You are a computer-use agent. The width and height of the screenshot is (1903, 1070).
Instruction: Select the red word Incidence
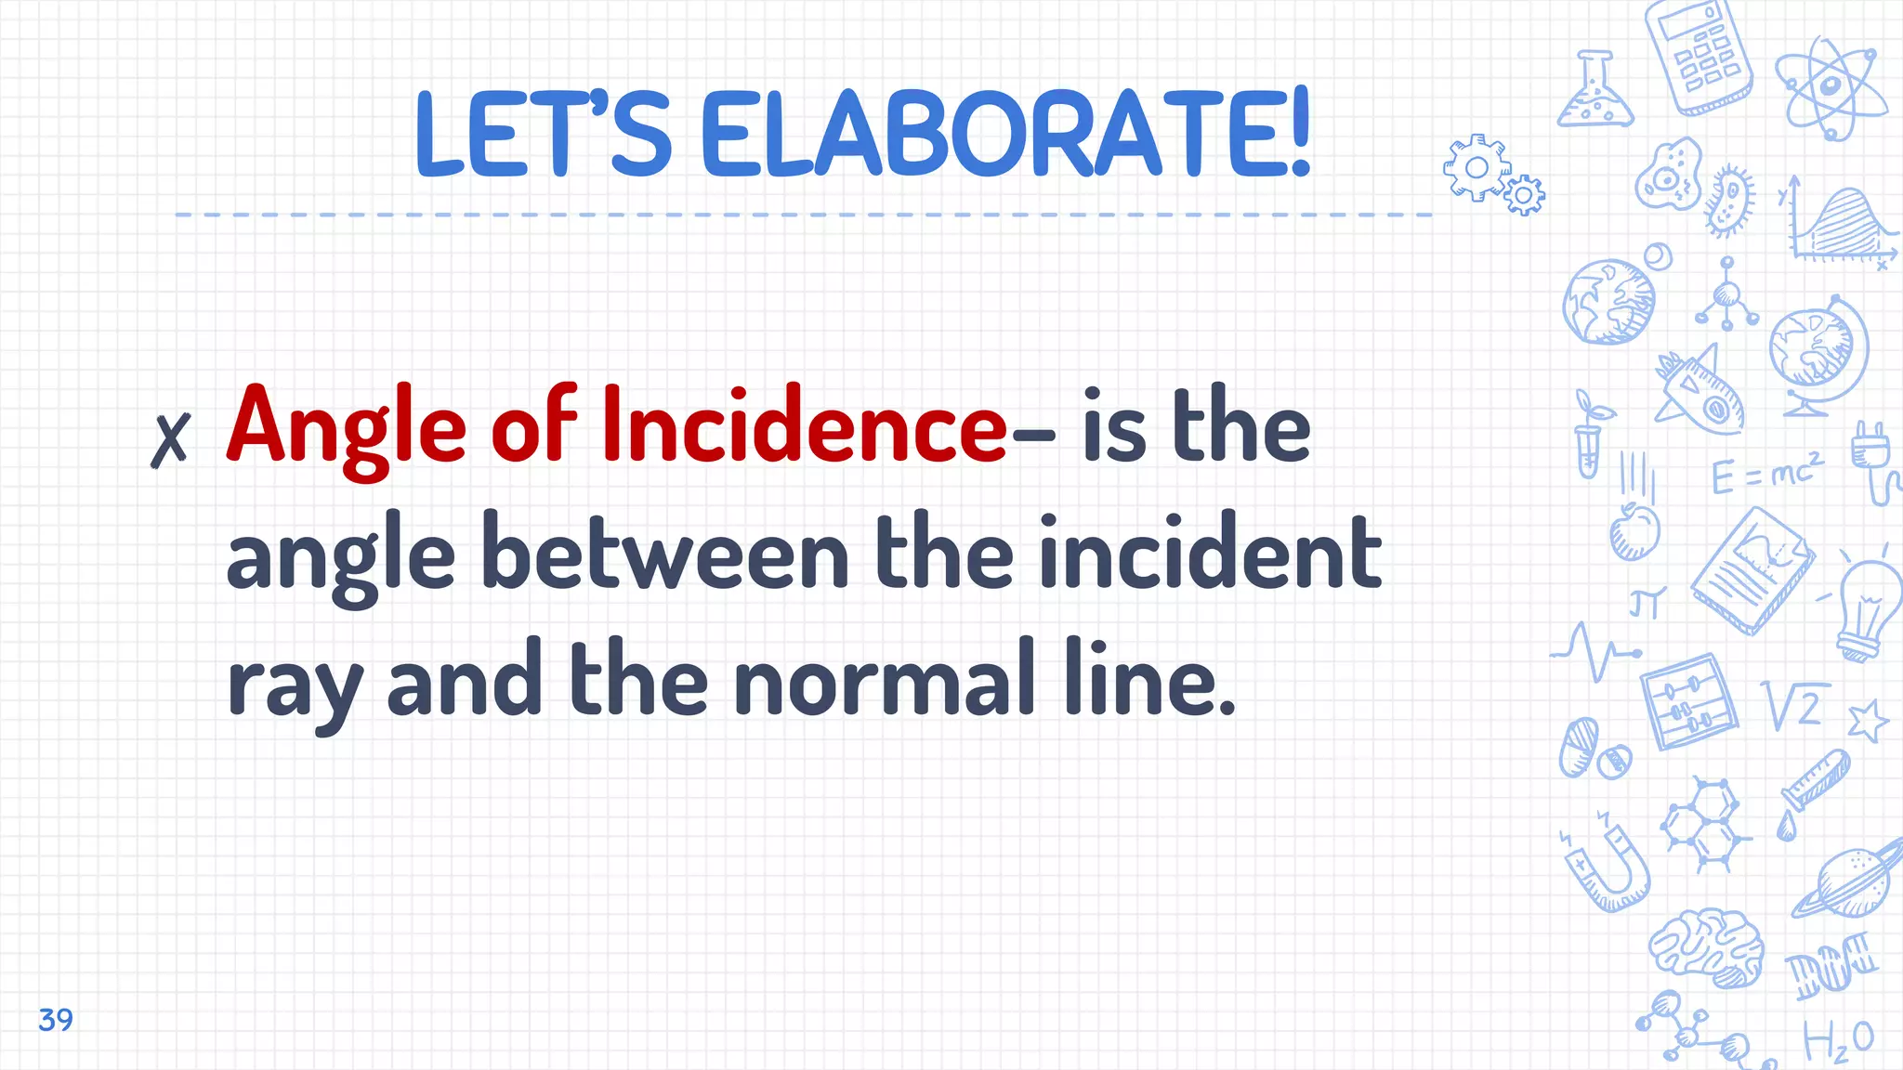[804, 425]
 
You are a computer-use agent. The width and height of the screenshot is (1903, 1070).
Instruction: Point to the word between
[664, 555]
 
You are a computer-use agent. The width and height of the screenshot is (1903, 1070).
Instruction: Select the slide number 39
[56, 1019]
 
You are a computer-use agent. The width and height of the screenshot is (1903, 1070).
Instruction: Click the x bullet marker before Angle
[170, 438]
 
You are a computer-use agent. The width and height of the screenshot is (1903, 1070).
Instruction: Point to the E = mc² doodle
[1766, 474]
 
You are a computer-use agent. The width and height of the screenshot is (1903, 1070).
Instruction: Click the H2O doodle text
[1837, 1041]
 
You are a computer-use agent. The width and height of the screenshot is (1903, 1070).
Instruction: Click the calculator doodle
[1699, 56]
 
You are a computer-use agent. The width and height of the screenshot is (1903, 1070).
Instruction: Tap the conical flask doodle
[1595, 92]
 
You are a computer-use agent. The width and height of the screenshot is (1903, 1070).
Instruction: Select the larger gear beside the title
[1476, 168]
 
